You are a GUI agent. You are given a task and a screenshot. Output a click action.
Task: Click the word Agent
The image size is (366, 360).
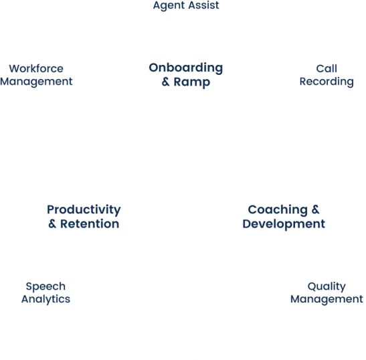(x=169, y=5)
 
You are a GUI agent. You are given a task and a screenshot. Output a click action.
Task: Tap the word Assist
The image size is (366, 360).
(x=204, y=5)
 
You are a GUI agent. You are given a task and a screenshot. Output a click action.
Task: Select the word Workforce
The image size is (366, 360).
(x=36, y=69)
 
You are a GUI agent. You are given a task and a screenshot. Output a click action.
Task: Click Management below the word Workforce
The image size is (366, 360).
(x=36, y=82)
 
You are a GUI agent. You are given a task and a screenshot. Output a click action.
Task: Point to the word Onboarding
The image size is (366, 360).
(x=186, y=68)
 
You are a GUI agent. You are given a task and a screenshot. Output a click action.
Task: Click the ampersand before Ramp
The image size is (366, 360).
(x=166, y=82)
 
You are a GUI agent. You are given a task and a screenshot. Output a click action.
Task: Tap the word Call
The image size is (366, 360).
(x=327, y=69)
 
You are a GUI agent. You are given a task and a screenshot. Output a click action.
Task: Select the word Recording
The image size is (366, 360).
(x=327, y=82)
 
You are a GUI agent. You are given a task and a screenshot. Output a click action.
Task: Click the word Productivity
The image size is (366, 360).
(x=84, y=209)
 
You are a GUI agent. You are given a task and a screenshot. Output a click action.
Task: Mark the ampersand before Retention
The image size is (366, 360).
(x=52, y=224)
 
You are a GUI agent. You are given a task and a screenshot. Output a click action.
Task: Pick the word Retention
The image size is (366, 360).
(x=90, y=224)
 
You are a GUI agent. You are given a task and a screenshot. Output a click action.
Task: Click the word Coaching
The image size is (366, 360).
(x=278, y=210)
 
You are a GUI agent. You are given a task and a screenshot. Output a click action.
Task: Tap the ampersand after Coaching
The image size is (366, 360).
(x=315, y=209)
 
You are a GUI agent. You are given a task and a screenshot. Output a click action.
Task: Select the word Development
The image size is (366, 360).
(x=284, y=224)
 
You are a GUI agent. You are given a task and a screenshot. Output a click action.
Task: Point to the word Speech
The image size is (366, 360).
(x=45, y=286)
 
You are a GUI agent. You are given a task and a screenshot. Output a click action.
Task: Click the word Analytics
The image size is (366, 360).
(x=45, y=299)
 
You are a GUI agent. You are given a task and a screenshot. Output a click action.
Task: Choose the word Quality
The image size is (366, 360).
(x=327, y=286)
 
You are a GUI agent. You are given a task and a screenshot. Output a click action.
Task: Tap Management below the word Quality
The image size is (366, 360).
(x=327, y=300)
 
